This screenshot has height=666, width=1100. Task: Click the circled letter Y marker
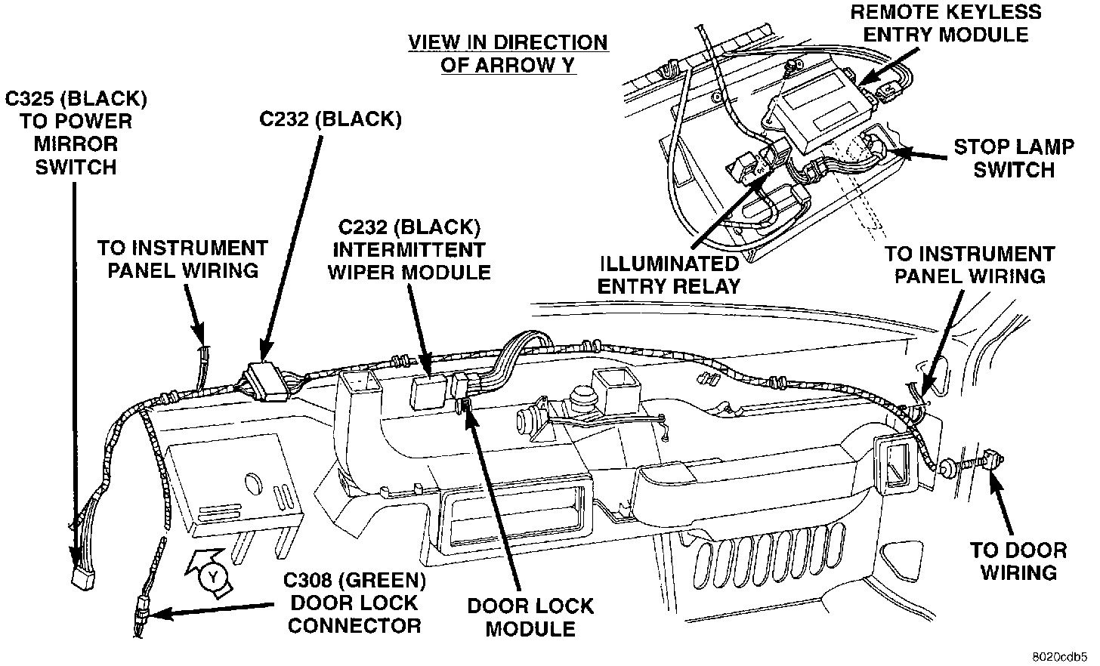pos(213,577)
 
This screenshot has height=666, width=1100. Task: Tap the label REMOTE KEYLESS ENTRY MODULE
pos(945,23)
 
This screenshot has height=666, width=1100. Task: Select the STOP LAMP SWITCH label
pos(1014,158)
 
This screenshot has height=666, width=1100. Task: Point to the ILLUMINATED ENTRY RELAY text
pos(669,275)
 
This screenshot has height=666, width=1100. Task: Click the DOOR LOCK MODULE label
pos(530,618)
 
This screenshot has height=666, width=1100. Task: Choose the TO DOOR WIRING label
pos(1018,562)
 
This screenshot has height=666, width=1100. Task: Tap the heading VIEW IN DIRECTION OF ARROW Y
pos(508,54)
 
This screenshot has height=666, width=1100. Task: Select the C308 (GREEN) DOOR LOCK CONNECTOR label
pos(354,603)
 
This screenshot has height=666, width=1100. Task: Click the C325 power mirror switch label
pos(76,133)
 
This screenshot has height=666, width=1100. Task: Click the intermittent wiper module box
pos(428,392)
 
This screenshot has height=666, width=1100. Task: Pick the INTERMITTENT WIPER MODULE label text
pos(409,261)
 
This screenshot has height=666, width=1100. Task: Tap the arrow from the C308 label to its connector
pos(212,609)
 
